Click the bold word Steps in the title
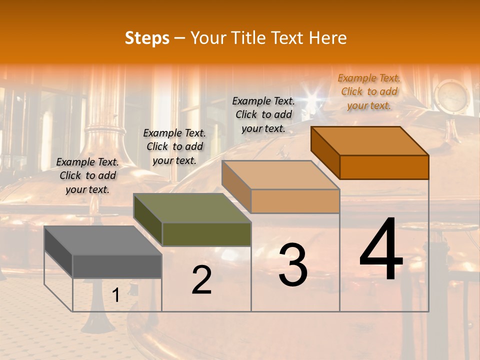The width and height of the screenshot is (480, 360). [x=147, y=38]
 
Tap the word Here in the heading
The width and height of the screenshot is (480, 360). [x=327, y=38]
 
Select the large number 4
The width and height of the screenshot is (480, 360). [x=381, y=250]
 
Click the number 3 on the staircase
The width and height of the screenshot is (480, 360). [x=293, y=265]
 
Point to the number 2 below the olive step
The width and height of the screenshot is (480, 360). [x=201, y=280]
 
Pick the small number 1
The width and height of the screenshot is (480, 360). [x=116, y=295]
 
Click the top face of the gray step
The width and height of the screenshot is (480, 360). [x=102, y=240]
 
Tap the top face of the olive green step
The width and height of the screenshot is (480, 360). [x=192, y=208]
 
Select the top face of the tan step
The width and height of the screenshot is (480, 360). [x=280, y=175]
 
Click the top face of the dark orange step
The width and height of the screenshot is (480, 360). [x=369, y=141]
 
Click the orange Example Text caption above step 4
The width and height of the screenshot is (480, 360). [x=369, y=91]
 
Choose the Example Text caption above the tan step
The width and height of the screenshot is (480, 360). [x=263, y=114]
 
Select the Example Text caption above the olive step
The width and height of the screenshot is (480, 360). [x=174, y=146]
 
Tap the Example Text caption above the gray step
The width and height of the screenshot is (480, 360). [x=87, y=175]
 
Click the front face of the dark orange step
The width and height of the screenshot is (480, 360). [x=384, y=167]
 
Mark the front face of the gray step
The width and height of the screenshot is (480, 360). [x=117, y=266]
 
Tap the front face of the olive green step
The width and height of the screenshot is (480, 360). [x=206, y=234]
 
